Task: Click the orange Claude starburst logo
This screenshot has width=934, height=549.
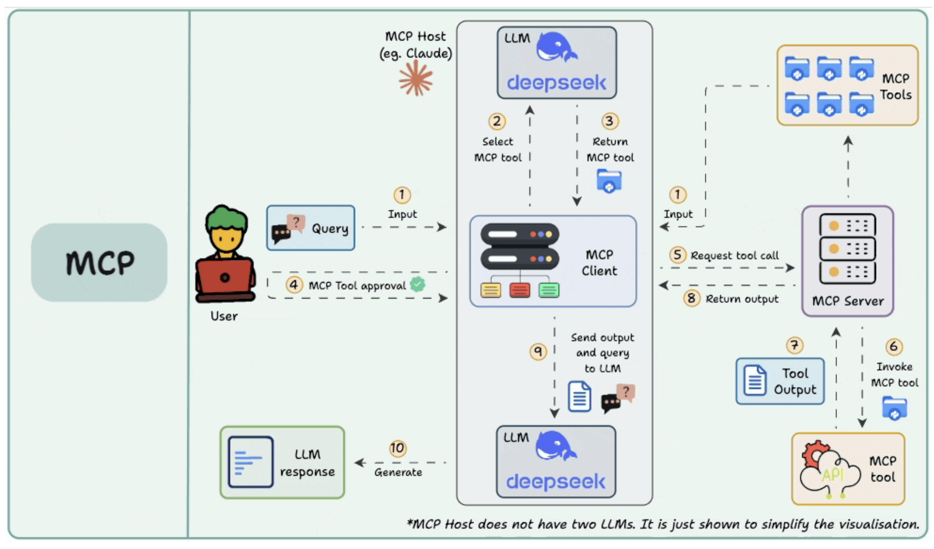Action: [415, 78]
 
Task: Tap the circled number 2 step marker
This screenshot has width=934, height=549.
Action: [497, 121]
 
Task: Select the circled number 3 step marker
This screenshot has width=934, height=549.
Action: [609, 121]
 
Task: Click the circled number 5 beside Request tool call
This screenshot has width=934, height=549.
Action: [677, 254]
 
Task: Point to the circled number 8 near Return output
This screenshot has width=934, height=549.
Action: [691, 298]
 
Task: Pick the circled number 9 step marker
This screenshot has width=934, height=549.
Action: [538, 351]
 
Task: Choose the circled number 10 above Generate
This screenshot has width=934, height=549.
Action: [397, 448]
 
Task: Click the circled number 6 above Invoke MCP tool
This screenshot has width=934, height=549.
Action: [894, 346]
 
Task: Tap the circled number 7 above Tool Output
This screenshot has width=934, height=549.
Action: [794, 345]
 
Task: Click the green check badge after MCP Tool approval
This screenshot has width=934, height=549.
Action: [417, 284]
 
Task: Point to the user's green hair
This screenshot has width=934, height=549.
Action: [226, 219]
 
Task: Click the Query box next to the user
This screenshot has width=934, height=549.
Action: [311, 228]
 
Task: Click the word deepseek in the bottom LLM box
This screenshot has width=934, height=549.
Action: [556, 482]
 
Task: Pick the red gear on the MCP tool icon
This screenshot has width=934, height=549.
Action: [813, 454]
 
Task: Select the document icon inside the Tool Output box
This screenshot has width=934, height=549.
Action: [754, 381]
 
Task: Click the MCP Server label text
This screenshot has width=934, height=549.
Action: [848, 301]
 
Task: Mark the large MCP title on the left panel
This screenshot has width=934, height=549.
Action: [100, 262]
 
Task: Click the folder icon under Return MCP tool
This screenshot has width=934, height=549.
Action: [609, 181]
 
